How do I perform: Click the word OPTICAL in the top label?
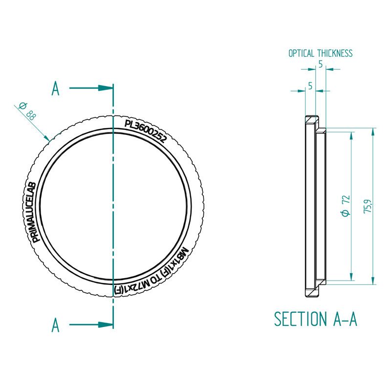(x=301, y=53)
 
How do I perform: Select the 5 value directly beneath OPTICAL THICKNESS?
(x=320, y=64)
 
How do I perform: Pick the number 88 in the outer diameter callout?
(x=31, y=116)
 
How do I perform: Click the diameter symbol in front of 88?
(x=22, y=106)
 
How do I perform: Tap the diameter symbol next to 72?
(x=345, y=213)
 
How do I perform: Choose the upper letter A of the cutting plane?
(x=56, y=89)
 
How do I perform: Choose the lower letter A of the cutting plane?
(x=56, y=325)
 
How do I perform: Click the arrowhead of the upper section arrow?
(x=106, y=88)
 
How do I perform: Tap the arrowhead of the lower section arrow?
(x=106, y=324)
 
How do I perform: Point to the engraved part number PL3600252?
(x=146, y=130)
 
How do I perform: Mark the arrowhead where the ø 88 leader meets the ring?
(x=48, y=138)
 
